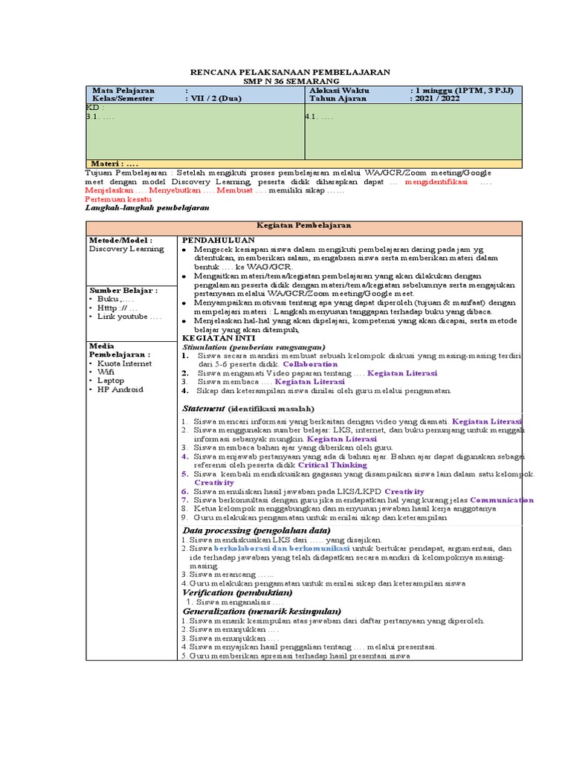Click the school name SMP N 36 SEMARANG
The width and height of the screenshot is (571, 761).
290,80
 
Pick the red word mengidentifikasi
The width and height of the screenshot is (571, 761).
436,182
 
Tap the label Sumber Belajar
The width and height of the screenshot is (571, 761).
123,290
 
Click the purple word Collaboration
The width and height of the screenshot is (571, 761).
311,365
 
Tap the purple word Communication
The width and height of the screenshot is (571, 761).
502,500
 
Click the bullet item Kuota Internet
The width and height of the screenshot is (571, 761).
125,363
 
